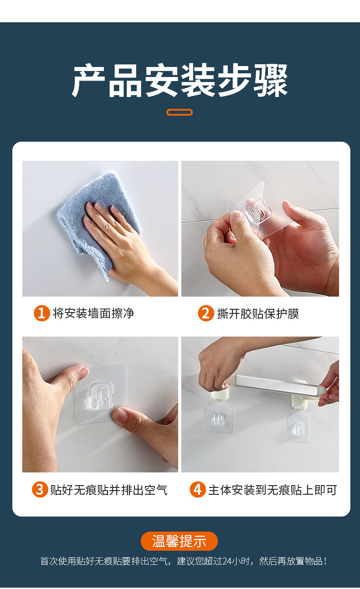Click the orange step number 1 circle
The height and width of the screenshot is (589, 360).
(42, 313)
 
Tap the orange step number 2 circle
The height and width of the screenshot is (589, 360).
(206, 313)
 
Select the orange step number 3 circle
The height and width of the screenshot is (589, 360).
(40, 489)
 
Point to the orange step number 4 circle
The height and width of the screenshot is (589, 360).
(198, 489)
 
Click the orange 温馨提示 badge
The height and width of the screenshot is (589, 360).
(180, 541)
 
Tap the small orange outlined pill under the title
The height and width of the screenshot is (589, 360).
(180, 112)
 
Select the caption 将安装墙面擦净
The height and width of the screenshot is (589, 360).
(93, 313)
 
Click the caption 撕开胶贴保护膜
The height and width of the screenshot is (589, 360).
(258, 313)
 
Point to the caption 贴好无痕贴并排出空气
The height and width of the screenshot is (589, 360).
(109, 490)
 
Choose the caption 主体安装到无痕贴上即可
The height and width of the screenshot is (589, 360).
(273, 490)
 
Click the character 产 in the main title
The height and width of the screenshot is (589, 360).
(88, 80)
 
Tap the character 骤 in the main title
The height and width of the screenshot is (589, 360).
(271, 80)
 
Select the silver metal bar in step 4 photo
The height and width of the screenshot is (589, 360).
(277, 385)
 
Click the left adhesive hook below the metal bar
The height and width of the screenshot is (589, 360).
(219, 418)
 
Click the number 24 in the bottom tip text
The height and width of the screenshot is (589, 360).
(227, 561)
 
